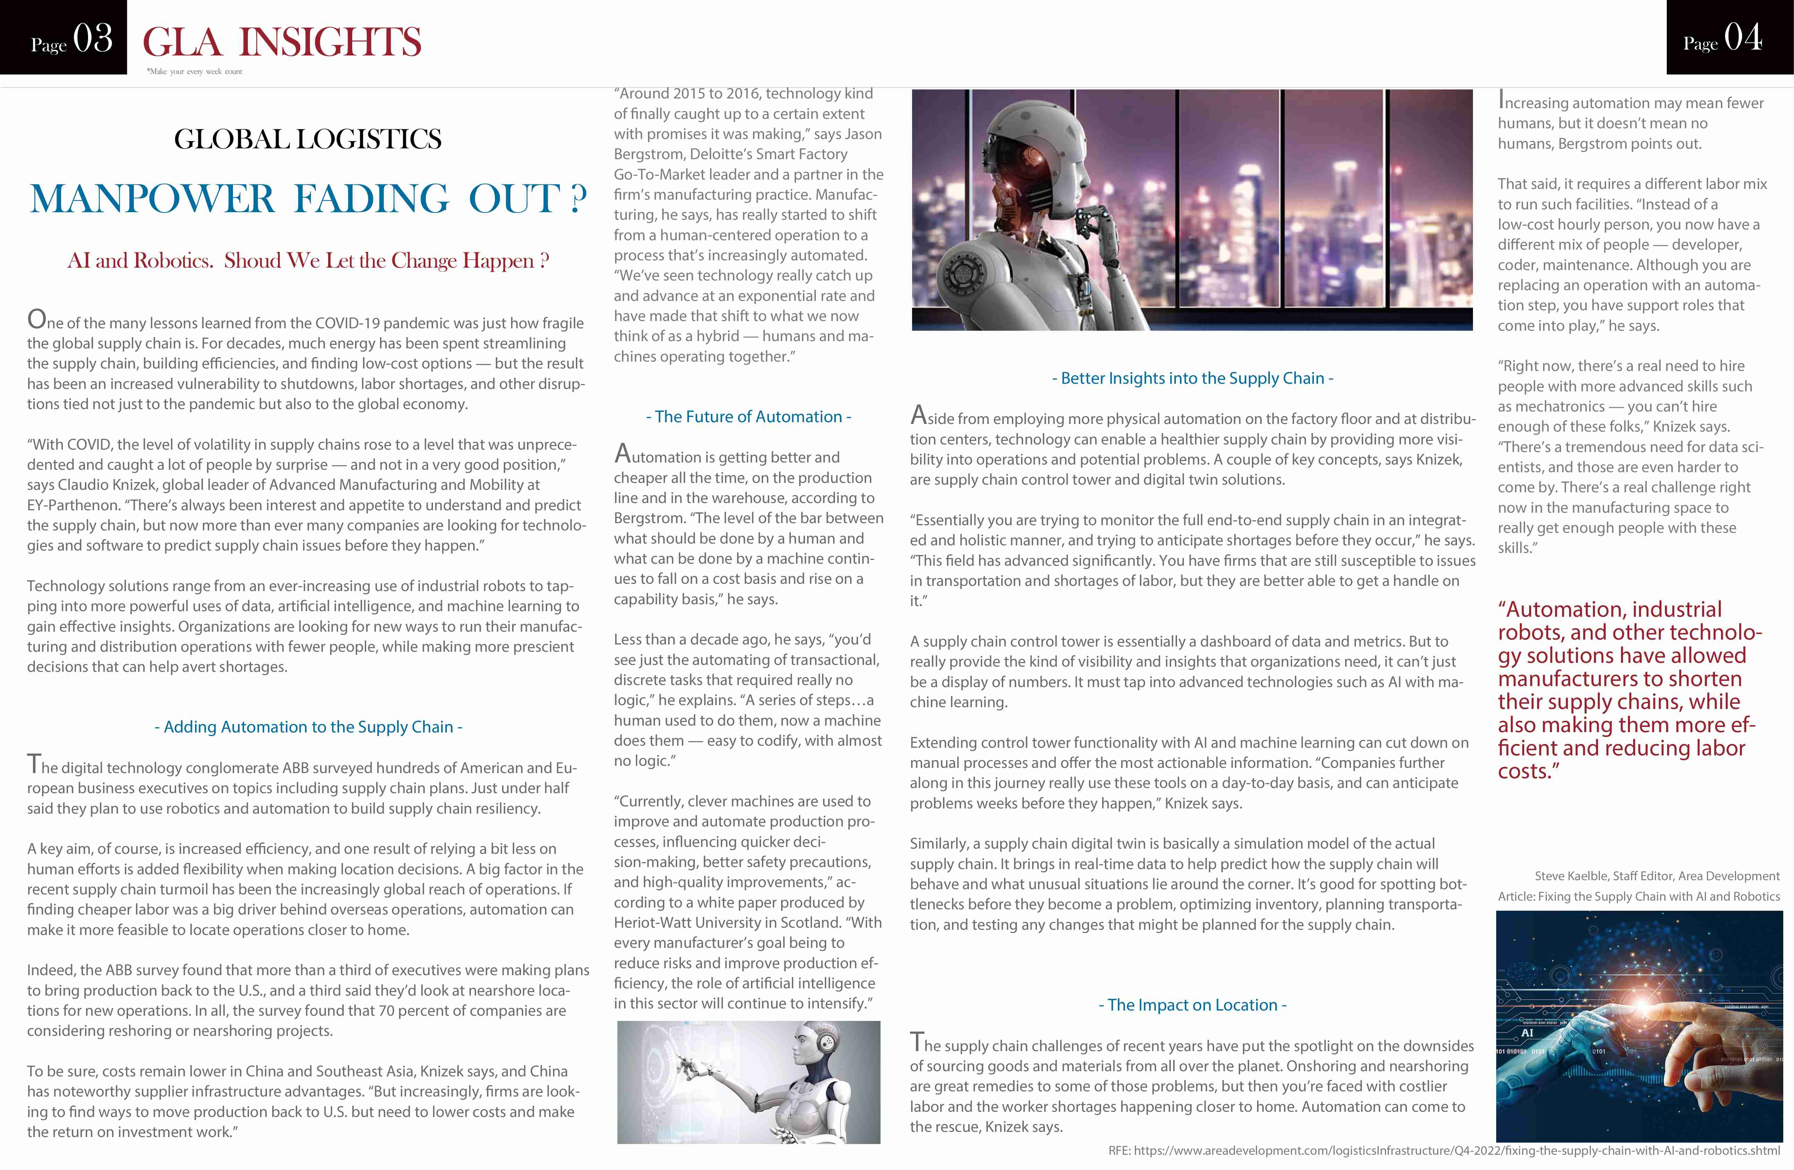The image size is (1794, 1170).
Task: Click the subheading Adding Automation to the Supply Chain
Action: coord(308,727)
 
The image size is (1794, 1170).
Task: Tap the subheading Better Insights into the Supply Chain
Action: coord(1193,379)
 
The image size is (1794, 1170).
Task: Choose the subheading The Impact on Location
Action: coord(1193,1005)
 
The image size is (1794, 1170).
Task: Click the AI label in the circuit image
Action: coord(1527,1033)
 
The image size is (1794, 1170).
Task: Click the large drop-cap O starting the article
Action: coord(36,320)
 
